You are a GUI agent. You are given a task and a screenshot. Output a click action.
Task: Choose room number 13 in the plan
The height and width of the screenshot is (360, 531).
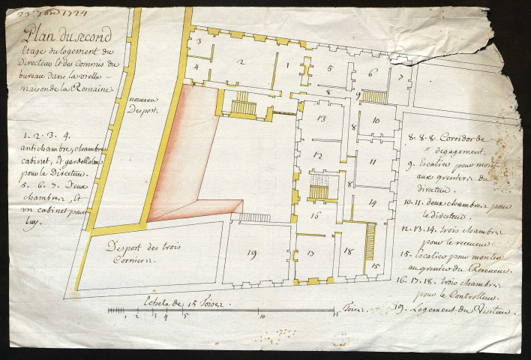pyautogui.click(x=320, y=118)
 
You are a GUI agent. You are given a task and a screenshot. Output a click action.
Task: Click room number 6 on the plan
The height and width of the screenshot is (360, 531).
pyautogui.click(x=370, y=73)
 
